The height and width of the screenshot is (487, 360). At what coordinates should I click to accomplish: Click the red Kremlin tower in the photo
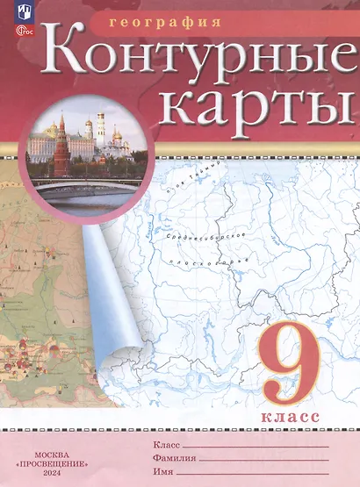pyautogui.click(x=62, y=154)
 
